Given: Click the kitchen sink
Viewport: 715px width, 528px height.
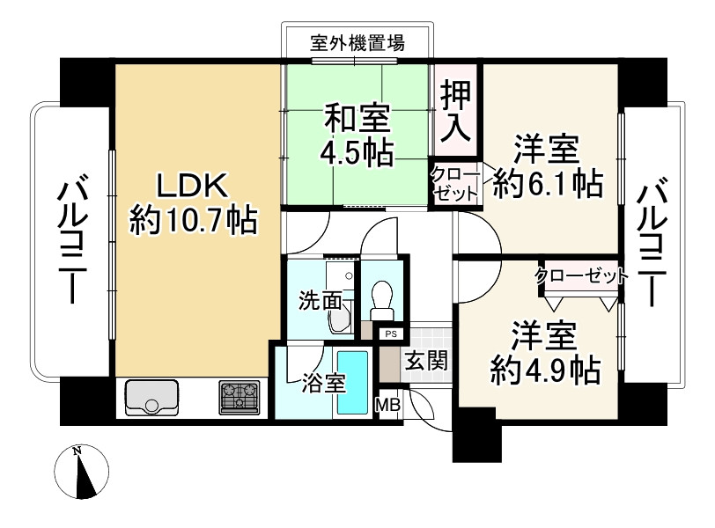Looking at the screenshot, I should (x=152, y=398).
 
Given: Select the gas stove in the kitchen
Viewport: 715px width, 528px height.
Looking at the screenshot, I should (x=240, y=398).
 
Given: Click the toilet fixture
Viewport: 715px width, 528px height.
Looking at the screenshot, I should (x=382, y=302).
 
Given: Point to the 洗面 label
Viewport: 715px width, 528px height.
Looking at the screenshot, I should (x=320, y=300).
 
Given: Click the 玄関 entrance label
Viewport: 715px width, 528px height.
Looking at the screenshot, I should (x=427, y=360).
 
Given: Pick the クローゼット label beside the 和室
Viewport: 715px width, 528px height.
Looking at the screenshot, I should (x=455, y=183).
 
